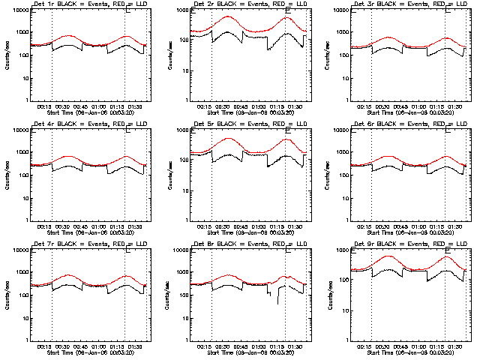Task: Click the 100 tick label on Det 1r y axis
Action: pos(23,55)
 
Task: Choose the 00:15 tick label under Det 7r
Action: pos(44,346)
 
